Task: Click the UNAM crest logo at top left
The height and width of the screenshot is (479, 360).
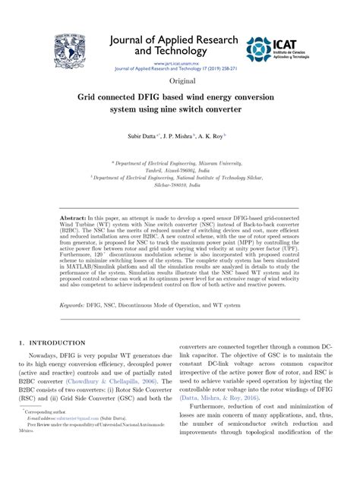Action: [x=69, y=52]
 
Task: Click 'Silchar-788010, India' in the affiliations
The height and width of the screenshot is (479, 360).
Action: [x=179, y=184]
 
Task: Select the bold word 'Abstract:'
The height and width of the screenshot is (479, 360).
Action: [x=74, y=218]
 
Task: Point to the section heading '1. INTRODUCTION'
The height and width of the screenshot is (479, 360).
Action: [x=53, y=344]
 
